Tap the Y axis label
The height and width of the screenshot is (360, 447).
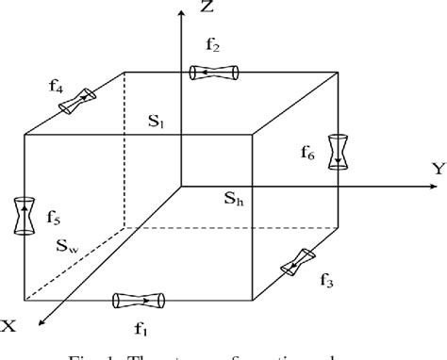pos(438,170)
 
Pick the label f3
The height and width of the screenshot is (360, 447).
pos(328,278)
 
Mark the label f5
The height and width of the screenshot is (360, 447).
pos(53,221)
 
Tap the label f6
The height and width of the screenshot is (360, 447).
pos(336,123)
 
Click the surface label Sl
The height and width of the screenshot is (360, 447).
pos(155,121)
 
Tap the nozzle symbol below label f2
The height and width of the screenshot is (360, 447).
pos(216,72)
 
